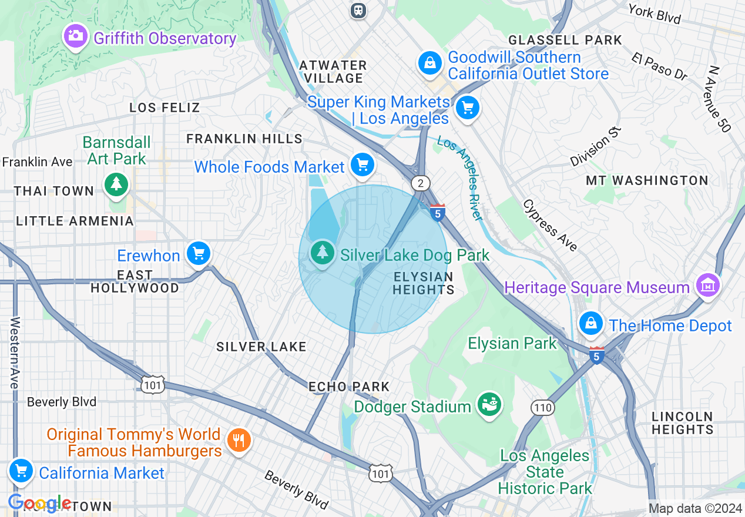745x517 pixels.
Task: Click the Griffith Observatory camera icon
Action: point(75,36)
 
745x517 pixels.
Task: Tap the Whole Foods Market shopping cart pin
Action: point(363,164)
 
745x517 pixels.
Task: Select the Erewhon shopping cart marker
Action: point(199,254)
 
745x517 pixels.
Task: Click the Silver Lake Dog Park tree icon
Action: point(322,253)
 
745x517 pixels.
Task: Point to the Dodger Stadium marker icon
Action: point(489,404)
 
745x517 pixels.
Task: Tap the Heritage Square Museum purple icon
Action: point(708,285)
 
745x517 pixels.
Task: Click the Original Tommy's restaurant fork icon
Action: point(239,440)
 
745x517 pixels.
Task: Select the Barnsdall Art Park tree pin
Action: point(116,183)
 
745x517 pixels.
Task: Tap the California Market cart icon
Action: point(21,471)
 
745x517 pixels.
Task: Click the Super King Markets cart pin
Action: point(468,108)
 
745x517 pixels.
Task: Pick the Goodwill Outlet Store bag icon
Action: point(430,62)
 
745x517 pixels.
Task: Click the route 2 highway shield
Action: point(420,183)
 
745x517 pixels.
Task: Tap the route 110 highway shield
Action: point(542,407)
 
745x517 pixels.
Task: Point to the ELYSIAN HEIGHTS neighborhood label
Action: point(423,283)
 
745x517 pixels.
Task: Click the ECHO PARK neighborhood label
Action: point(349,387)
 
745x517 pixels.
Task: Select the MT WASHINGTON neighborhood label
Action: point(647,180)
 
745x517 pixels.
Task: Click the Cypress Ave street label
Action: point(550,226)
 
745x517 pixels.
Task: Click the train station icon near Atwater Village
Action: point(358,10)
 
